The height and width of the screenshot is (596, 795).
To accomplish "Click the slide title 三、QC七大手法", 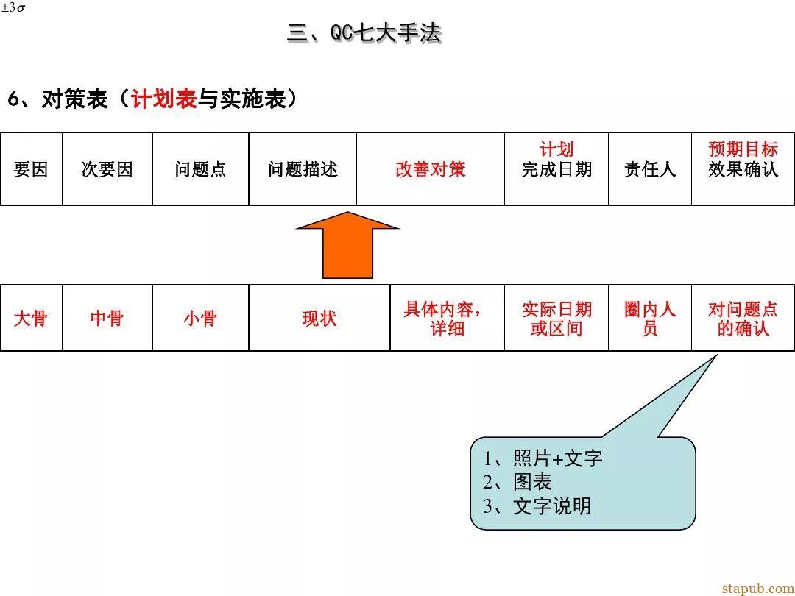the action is tap(364, 33).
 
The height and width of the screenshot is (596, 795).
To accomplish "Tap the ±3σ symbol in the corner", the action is tap(13, 8).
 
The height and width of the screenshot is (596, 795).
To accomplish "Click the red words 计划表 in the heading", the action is tap(163, 99).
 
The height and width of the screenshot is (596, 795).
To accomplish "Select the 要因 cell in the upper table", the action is tap(31, 168).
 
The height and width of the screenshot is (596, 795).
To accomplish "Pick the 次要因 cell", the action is tap(107, 168).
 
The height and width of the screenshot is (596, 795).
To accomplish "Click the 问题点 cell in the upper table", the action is tap(200, 168).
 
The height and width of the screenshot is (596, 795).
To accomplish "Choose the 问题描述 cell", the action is tap(303, 168).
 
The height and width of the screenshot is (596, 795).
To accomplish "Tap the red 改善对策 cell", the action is tap(431, 168).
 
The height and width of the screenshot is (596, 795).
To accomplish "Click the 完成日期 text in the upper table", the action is tap(556, 169).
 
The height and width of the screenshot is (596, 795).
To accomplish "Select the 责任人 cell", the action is tap(650, 168).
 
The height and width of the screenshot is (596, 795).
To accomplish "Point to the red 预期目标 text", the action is tap(743, 149).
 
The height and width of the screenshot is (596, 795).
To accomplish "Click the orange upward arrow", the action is tap(347, 245).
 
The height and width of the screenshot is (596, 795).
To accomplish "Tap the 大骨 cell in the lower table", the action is tap(31, 318).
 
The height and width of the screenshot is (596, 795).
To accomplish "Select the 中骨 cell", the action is tap(107, 318).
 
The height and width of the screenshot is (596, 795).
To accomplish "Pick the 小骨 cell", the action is tap(200, 318).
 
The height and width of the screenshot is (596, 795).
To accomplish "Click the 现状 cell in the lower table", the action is tap(319, 318).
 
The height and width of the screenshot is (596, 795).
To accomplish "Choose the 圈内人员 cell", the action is tap(650, 318).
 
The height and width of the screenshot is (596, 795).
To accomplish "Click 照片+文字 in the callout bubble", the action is tap(558, 458).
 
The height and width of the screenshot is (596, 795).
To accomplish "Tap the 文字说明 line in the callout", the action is tap(552, 505).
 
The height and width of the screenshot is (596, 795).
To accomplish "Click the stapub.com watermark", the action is tap(758, 588).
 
